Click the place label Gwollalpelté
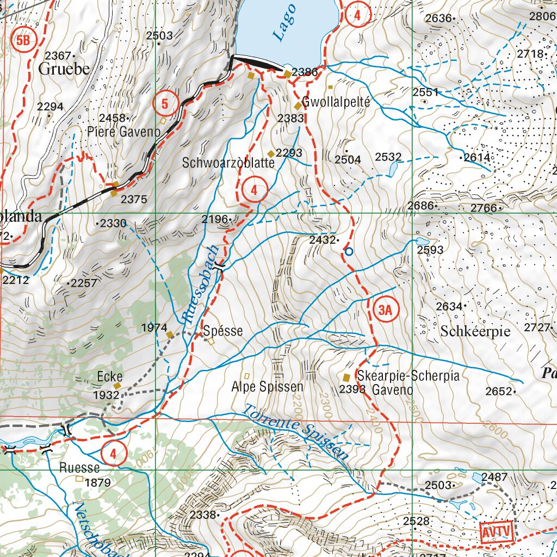pyautogui.click(x=336, y=102)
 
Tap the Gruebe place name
pyautogui.click(x=64, y=69)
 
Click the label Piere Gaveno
pyautogui.click(x=124, y=132)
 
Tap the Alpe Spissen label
pyautogui.click(x=267, y=387)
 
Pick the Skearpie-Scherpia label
pyautogui.click(x=409, y=376)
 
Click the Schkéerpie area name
pyautogui.click(x=475, y=331)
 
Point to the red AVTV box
pyautogui.click(x=497, y=531)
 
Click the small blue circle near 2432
pyautogui.click(x=349, y=251)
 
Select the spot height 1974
pyautogui.click(x=153, y=327)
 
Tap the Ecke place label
pyautogui.click(x=109, y=376)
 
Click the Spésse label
pyautogui.click(x=223, y=331)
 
